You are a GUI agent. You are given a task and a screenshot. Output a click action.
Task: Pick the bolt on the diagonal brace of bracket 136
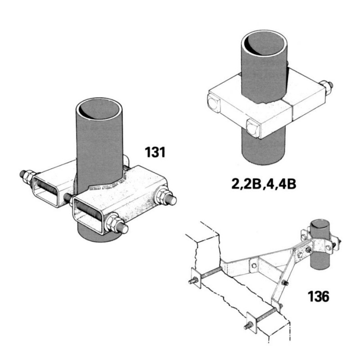(x=285, y=283)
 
